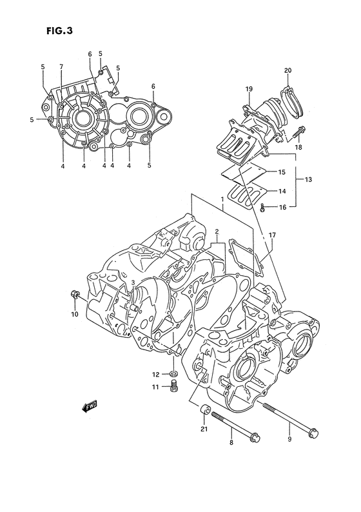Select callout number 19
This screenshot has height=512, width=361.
point(248,88)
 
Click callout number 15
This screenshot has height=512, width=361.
point(281,173)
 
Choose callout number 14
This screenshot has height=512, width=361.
point(281,192)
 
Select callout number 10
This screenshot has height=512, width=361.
point(74,314)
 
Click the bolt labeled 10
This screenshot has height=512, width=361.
point(75,295)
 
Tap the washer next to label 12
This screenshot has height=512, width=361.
point(174,373)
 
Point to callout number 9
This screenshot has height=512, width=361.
point(289,440)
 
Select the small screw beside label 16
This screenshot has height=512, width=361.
point(263,207)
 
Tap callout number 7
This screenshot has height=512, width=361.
point(61,67)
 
